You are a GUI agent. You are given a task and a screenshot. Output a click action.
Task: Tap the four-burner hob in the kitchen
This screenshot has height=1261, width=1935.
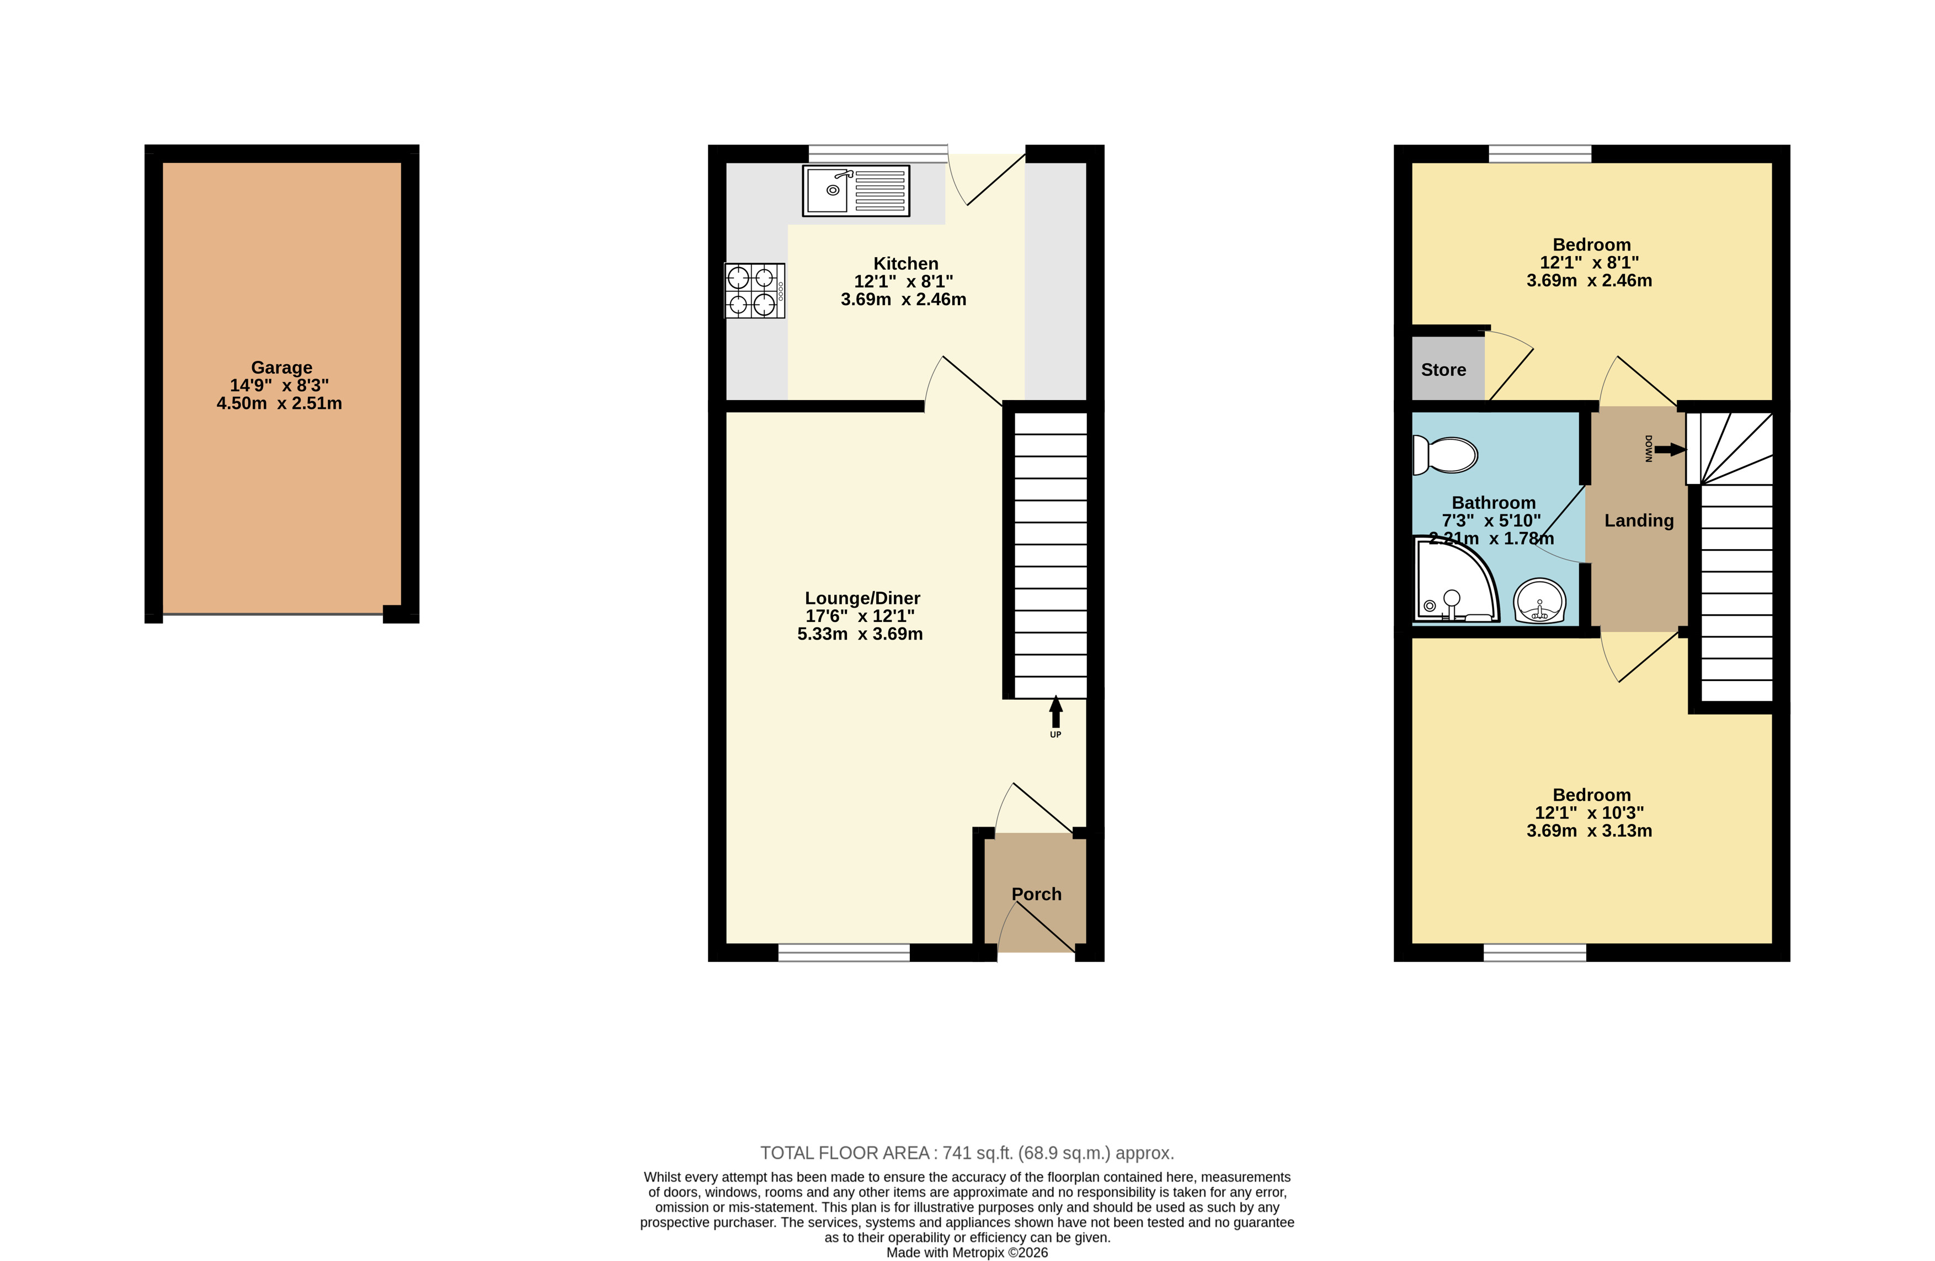click(x=754, y=290)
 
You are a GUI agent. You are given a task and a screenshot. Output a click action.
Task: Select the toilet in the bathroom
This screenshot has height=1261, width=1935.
click(x=1444, y=455)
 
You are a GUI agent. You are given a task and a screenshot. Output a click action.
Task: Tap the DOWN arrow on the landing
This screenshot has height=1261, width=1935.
click(x=1669, y=449)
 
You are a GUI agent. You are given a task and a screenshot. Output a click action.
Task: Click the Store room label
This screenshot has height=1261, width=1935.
click(x=1443, y=370)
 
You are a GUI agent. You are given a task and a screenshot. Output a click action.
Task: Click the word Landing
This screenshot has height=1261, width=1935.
click(x=1638, y=520)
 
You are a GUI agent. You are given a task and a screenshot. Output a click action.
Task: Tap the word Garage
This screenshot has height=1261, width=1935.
click(x=281, y=368)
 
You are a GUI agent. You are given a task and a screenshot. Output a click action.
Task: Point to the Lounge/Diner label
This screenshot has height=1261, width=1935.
click(x=862, y=598)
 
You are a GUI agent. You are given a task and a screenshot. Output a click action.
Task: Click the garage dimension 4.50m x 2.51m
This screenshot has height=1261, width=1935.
click(x=279, y=403)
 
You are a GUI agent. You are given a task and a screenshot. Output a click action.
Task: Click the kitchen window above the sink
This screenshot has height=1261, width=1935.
click(x=878, y=153)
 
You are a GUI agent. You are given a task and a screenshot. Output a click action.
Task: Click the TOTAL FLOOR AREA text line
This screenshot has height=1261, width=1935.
click(x=967, y=1153)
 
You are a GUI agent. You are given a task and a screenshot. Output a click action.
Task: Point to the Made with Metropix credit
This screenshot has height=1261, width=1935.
click(x=967, y=1252)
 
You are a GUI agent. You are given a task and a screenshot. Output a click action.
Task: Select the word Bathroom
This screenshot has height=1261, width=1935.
click(x=1494, y=502)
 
